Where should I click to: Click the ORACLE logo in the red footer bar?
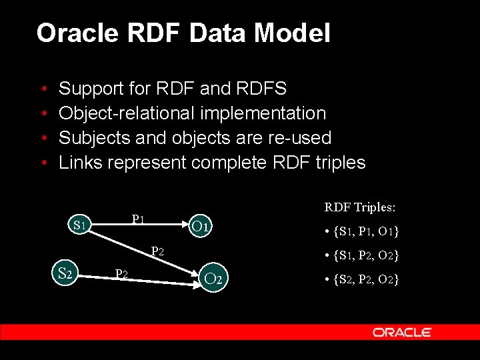click(402, 332)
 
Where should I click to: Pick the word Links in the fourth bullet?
click(81, 163)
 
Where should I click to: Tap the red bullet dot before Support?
click(43, 89)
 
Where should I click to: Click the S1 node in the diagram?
click(81, 225)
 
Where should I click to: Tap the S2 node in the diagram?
click(65, 273)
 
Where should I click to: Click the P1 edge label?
click(138, 218)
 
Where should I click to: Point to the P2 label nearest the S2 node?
click(121, 273)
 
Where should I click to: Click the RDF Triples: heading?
click(359, 207)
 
